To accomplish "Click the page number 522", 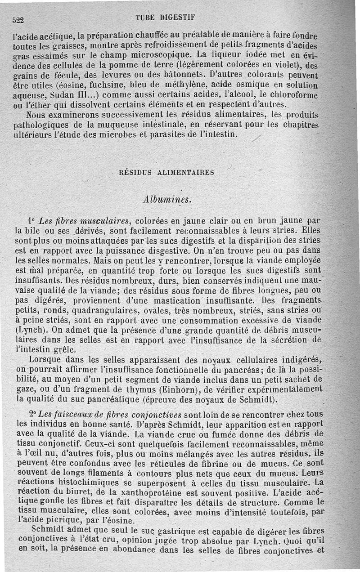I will (18, 20).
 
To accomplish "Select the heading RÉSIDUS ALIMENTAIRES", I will (166, 172).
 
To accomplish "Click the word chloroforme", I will (294, 95).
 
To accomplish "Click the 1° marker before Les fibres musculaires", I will (31, 221).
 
